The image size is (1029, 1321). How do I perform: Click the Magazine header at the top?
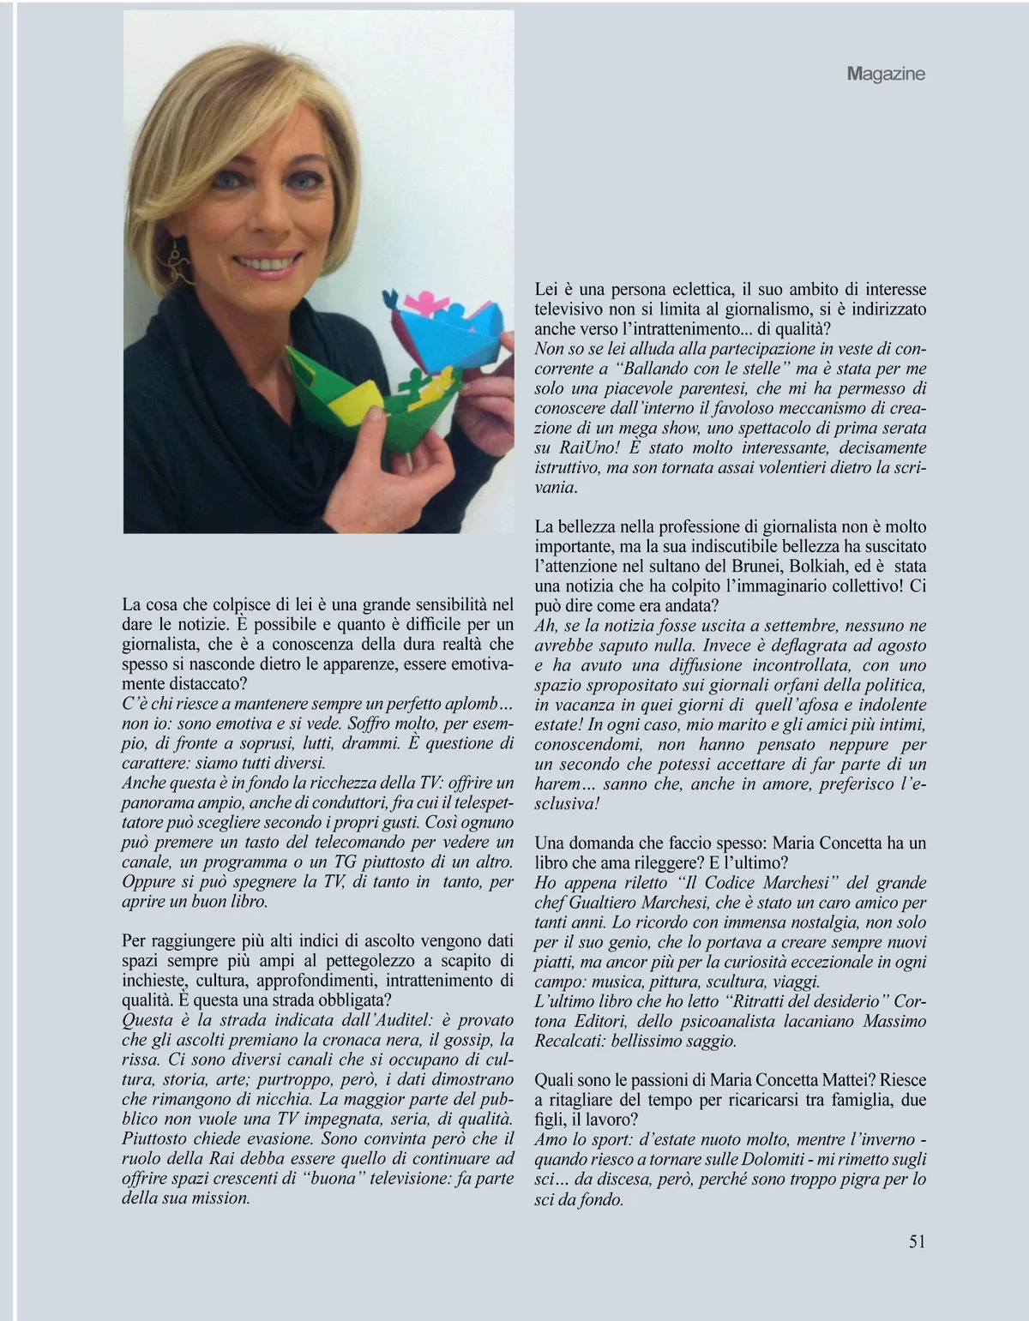[886, 74]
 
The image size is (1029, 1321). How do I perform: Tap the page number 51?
[917, 1241]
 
